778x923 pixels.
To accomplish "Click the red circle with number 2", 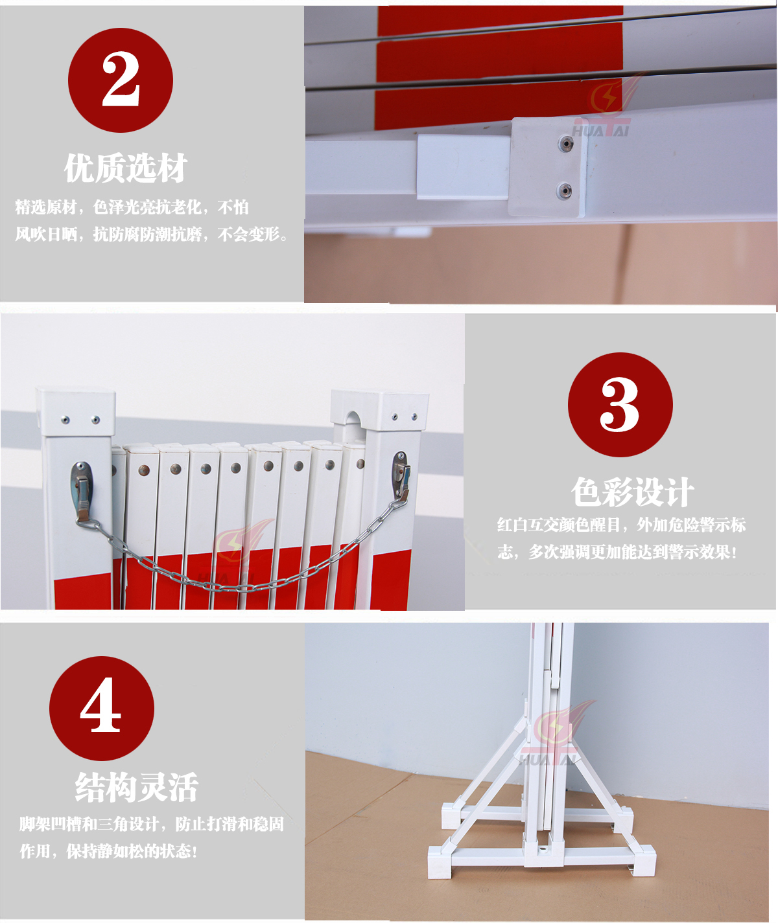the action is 121,80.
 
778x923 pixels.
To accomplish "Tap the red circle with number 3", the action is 620,404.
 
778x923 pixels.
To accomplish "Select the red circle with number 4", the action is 101,708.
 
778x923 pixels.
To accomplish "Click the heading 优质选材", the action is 126,168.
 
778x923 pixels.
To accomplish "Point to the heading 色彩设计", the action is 632,492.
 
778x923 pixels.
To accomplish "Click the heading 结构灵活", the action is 136,787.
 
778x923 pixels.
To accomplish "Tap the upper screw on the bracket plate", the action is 565,143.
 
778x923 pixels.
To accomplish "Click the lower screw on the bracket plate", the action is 564,190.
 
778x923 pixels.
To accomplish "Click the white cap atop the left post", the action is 76,411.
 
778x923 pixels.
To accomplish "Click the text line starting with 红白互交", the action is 621,525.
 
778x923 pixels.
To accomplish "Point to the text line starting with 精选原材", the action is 132,207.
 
